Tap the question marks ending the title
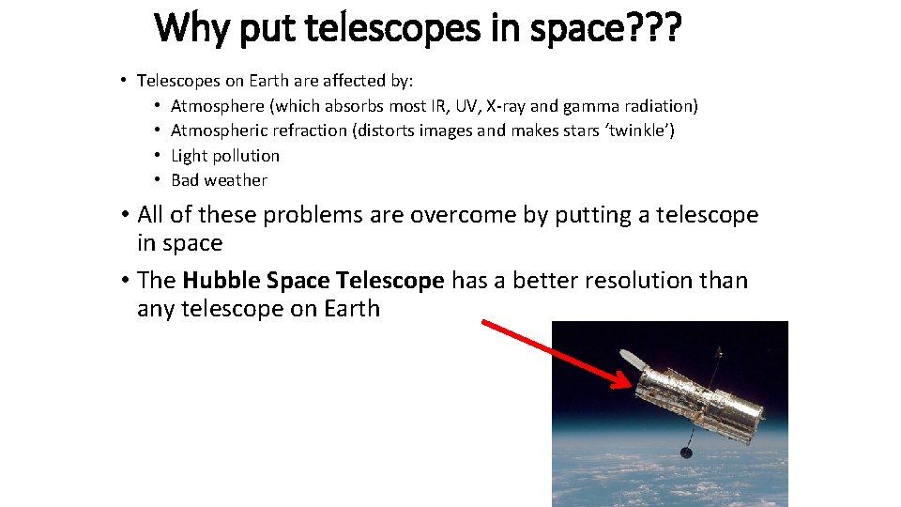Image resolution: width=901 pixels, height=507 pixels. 656,28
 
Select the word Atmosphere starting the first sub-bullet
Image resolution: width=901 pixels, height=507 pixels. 218,106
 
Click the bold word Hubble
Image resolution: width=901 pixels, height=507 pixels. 221,280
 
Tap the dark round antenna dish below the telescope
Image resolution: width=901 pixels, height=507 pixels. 686,453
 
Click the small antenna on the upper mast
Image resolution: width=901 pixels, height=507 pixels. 719,353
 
